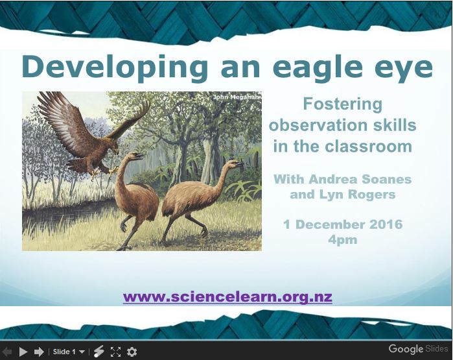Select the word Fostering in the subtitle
[x=342, y=104]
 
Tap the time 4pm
[x=342, y=240]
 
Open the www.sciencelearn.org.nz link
[x=227, y=297]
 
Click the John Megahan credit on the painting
[x=236, y=97]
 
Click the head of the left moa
[x=135, y=156]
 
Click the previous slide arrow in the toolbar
[x=7, y=352]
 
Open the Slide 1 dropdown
[x=69, y=352]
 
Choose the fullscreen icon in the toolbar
[x=116, y=352]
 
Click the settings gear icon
[x=132, y=352]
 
